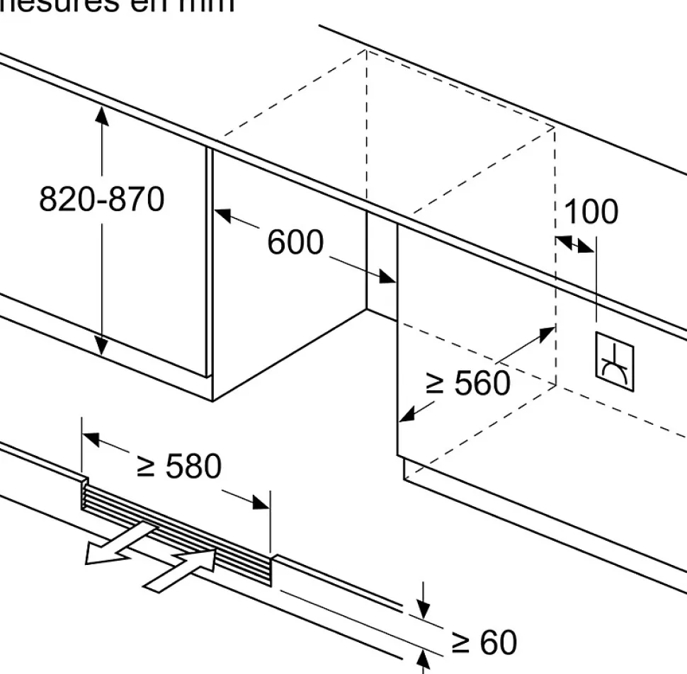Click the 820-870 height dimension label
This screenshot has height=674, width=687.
(101, 200)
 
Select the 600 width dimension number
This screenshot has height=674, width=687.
(295, 243)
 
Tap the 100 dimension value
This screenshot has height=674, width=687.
(591, 212)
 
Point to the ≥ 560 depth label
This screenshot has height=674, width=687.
(467, 384)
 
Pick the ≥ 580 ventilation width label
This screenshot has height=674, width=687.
(179, 467)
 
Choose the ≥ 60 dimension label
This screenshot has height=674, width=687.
(484, 643)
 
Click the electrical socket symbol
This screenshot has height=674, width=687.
(614, 361)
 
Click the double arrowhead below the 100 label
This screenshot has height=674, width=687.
(575, 244)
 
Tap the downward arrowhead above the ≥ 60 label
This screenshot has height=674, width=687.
(423, 608)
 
